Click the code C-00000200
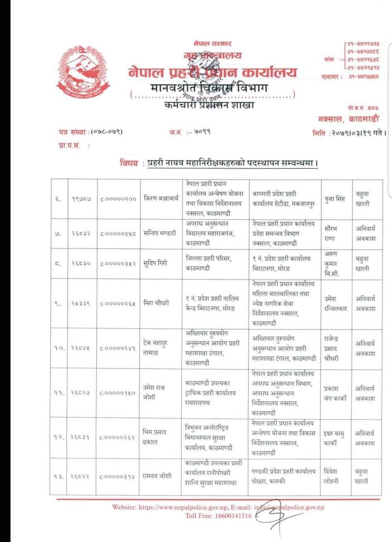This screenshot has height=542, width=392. pyautogui.click(x=118, y=199)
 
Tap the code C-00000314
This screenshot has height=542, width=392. pyautogui.click(x=118, y=477)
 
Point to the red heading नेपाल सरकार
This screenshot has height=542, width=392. pyautogui.click(x=212, y=43)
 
